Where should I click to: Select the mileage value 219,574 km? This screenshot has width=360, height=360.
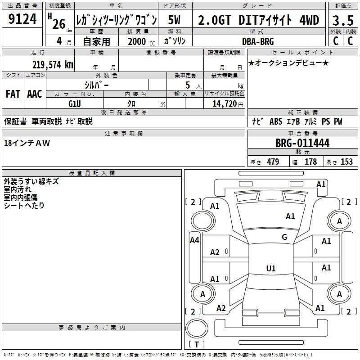(52, 65)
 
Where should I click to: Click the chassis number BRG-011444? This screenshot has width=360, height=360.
(302, 143)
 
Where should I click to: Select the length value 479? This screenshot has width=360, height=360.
(273, 162)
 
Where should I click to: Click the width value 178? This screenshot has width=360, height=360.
(310, 162)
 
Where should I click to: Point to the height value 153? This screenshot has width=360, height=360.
(346, 162)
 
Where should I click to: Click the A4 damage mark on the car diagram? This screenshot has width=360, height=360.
(194, 240)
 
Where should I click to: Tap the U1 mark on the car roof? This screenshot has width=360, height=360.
(271, 269)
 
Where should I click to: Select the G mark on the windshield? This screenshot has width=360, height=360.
(284, 237)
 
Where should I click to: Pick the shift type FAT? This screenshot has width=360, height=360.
(13, 94)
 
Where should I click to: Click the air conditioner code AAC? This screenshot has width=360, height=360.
(35, 94)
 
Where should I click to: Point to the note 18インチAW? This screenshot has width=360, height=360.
(27, 143)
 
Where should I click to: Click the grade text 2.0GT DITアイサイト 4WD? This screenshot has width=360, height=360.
(259, 20)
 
